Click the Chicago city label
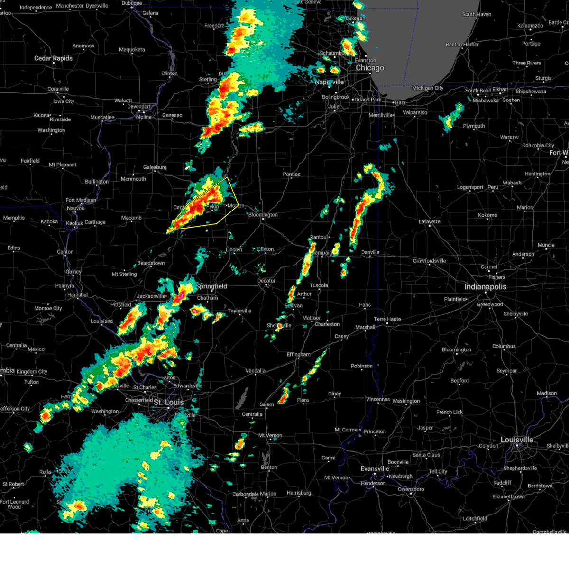coord(370,68)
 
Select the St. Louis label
coord(168,402)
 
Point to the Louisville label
coord(517,440)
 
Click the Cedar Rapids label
coord(53,58)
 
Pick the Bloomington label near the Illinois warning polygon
coord(263,215)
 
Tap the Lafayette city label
coord(430,221)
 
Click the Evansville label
coord(375,468)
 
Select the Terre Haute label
coord(387,319)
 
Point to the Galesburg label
coord(155,167)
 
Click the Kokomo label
coord(487,215)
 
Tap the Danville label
coord(370,252)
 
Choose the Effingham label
coord(298,354)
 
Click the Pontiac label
coord(292,174)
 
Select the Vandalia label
coord(255,371)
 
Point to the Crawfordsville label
coord(429,261)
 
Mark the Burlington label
coord(97,182)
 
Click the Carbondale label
coord(245,494)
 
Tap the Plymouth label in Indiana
coord(474,126)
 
